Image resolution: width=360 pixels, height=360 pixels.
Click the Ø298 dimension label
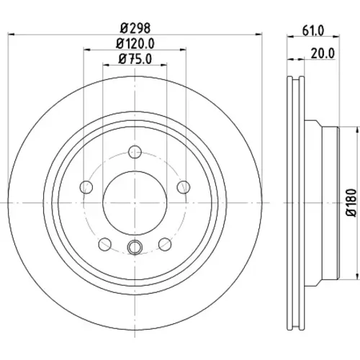click(x=135, y=28)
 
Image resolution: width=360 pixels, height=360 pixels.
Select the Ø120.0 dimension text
click(x=135, y=44)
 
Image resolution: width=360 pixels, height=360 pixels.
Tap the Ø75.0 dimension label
click(x=135, y=59)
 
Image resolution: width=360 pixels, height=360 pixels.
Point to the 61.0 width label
click(x=313, y=30)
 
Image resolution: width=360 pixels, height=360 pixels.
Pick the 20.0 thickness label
click(x=323, y=53)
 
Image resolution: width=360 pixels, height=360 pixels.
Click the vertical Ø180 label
click(x=353, y=203)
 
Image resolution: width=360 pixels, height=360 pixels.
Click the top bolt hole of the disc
click(x=135, y=152)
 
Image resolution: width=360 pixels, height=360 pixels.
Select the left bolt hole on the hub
click(x=86, y=187)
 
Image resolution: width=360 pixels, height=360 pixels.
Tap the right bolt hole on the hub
click(x=184, y=187)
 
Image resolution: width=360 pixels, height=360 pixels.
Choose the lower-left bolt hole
click(x=105, y=244)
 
